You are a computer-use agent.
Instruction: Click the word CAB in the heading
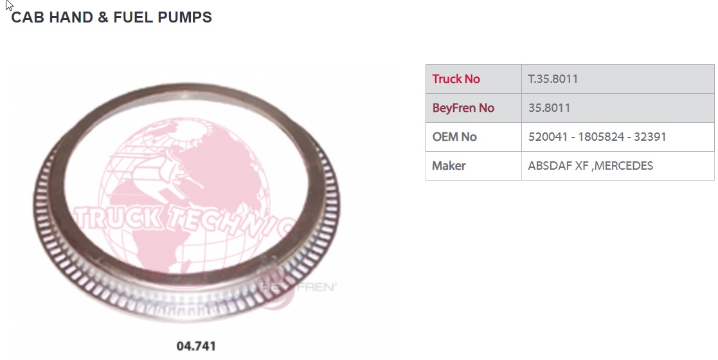(28, 17)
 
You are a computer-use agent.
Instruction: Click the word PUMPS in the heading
(185, 17)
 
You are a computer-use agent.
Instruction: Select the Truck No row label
(456, 79)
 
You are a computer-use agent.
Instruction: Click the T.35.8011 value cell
(553, 79)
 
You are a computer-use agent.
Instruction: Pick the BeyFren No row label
(463, 107)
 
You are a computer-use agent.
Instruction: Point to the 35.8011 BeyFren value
(549, 107)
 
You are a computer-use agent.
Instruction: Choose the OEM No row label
(454, 136)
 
